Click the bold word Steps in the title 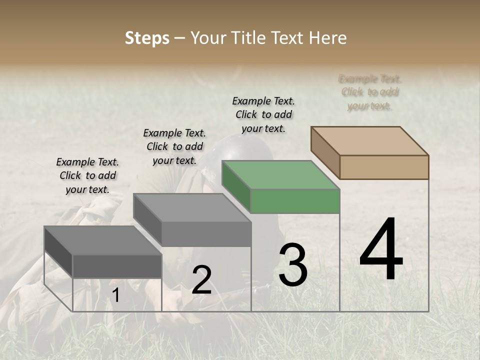[147, 38]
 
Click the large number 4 [381, 250]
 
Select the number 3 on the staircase [293, 264]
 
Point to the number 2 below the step [201, 280]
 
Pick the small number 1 [115, 295]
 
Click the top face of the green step [280, 175]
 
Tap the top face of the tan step [370, 140]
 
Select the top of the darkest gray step [102, 240]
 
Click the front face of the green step [295, 201]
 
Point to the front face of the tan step [384, 167]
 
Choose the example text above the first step [87, 175]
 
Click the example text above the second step [174, 146]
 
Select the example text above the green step [263, 114]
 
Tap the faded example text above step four [370, 92]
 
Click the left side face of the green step [236, 186]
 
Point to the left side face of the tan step [325, 152]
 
